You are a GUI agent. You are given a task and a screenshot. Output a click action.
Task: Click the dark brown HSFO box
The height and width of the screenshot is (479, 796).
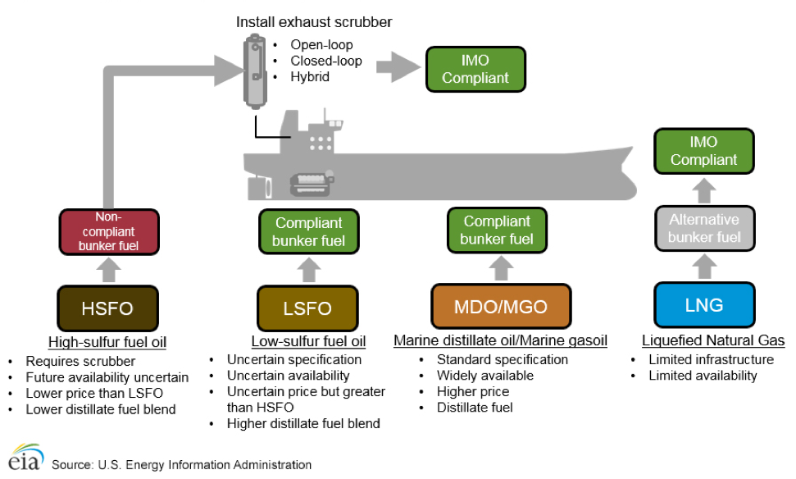tap(107, 308)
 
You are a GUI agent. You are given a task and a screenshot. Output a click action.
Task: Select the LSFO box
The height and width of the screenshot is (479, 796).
tap(308, 308)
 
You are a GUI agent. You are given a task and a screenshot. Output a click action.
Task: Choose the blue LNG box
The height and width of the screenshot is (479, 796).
tap(703, 305)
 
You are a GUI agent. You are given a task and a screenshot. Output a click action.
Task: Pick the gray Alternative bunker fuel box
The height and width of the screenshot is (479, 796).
tap(703, 229)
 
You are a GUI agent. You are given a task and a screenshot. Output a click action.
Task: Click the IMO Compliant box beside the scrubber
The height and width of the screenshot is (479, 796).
tap(475, 69)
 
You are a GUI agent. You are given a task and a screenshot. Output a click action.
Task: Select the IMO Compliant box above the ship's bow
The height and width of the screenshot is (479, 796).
tap(703, 151)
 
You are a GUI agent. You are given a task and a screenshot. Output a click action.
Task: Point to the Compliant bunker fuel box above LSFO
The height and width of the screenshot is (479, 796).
tap(308, 232)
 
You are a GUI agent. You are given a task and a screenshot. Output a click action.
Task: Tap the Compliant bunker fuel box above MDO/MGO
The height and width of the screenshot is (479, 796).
tap(497, 230)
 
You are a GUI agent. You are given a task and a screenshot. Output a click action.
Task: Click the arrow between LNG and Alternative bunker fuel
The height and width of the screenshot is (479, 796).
tap(703, 267)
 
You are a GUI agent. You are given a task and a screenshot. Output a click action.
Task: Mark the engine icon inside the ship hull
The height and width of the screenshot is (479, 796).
tap(311, 183)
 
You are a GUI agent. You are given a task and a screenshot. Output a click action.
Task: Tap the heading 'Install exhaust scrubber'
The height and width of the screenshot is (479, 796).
tap(314, 22)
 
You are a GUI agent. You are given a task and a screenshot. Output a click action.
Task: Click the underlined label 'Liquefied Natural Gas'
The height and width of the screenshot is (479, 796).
tap(712, 340)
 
